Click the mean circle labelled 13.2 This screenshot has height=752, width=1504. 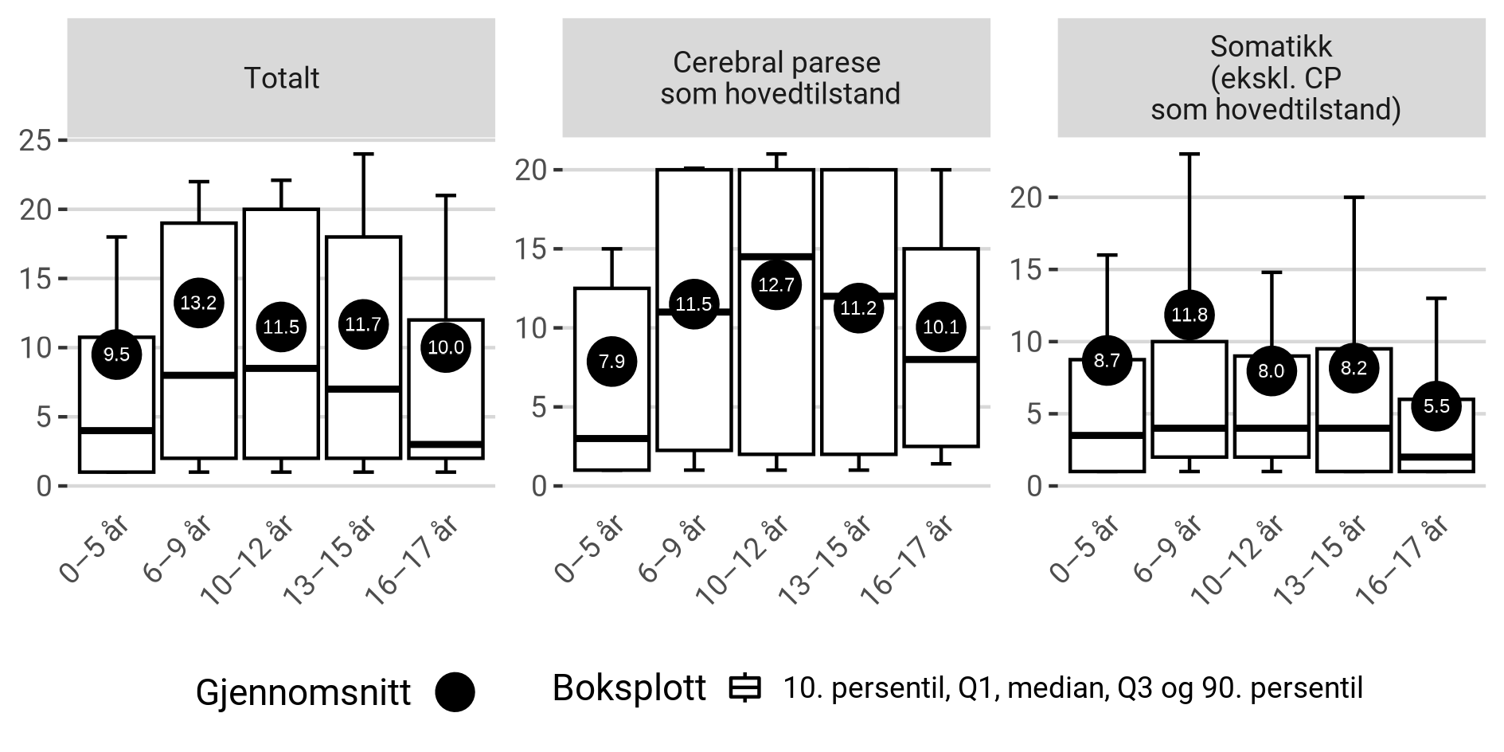(198, 303)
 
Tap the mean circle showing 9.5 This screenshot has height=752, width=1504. (116, 354)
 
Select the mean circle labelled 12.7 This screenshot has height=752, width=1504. (776, 285)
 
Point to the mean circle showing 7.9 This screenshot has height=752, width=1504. (611, 362)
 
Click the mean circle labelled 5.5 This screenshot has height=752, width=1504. (1436, 406)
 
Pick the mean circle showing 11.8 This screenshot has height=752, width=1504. (1190, 315)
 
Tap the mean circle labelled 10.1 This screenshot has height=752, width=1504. (941, 327)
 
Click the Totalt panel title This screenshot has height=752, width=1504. (281, 78)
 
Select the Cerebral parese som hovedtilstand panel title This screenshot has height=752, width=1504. (776, 78)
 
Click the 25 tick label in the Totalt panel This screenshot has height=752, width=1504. (36, 140)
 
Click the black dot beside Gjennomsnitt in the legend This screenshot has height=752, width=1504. (455, 691)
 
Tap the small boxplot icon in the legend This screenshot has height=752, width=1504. (745, 689)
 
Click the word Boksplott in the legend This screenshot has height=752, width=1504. (629, 688)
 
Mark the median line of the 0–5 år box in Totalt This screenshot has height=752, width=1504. (116, 430)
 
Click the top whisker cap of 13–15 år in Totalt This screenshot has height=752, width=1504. (363, 154)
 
